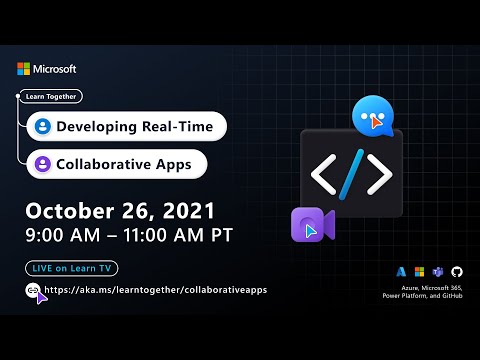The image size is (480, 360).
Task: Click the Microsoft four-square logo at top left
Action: (x=23, y=69)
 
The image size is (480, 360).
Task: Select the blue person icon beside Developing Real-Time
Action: (x=42, y=127)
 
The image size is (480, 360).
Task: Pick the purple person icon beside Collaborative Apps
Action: (x=42, y=163)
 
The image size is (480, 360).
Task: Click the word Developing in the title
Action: (x=96, y=127)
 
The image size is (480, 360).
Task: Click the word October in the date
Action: (x=75, y=211)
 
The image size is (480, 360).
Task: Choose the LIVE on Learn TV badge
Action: (x=67, y=268)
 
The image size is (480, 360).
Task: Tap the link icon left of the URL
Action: (x=35, y=290)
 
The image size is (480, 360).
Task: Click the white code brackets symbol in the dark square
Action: (x=351, y=175)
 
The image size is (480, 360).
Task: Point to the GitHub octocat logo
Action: (x=457, y=271)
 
